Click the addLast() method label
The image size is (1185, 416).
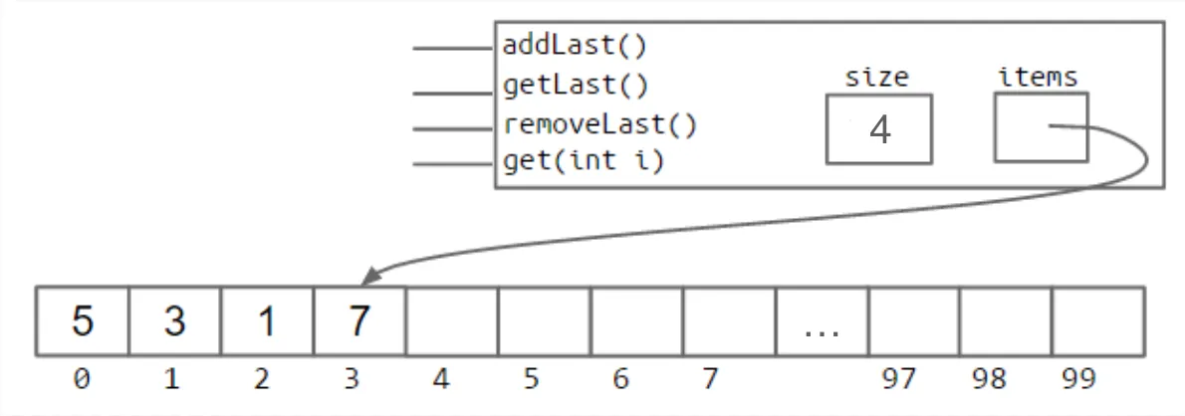[x=576, y=46]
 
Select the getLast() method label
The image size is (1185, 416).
[x=576, y=86]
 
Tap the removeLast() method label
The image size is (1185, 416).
[x=600, y=124]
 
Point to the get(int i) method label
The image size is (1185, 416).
[x=584, y=161]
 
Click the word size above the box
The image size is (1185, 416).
[x=876, y=77]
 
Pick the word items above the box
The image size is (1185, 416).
[x=1039, y=77]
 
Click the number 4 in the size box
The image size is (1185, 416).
[x=879, y=129]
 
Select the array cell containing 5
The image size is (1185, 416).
[x=83, y=320]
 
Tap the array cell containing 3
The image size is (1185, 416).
[x=174, y=320]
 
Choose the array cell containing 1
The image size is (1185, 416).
[x=267, y=320]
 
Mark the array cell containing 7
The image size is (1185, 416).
[x=359, y=320]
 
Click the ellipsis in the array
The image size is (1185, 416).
[x=823, y=332]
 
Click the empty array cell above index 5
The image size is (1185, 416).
[x=544, y=320]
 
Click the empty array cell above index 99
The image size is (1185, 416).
[x=1098, y=320]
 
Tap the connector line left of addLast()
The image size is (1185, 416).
[x=453, y=49]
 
